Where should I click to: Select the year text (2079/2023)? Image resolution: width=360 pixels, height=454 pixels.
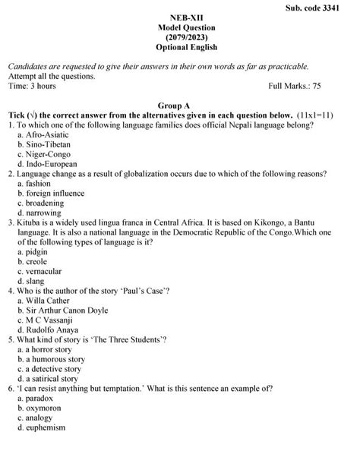pos(179,36)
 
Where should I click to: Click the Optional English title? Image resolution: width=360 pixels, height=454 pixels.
pos(179,46)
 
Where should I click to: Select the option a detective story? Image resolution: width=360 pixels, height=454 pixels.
pos(55,369)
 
